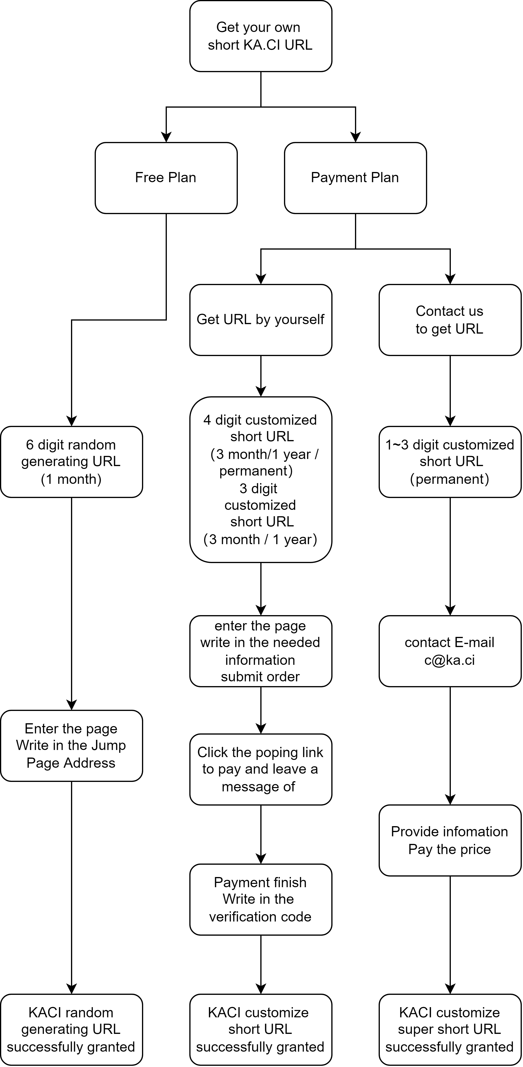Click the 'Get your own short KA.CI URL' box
[261, 36]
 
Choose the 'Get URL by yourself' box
[261, 320]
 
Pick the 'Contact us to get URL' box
[450, 320]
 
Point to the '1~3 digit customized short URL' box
[450, 462]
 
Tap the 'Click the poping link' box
[261, 770]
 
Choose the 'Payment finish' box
[261, 900]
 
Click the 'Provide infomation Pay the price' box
[450, 840]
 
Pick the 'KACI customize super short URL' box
[450, 1030]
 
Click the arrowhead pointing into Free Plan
[166, 137]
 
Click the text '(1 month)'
[71, 479]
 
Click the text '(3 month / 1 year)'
[260, 539]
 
